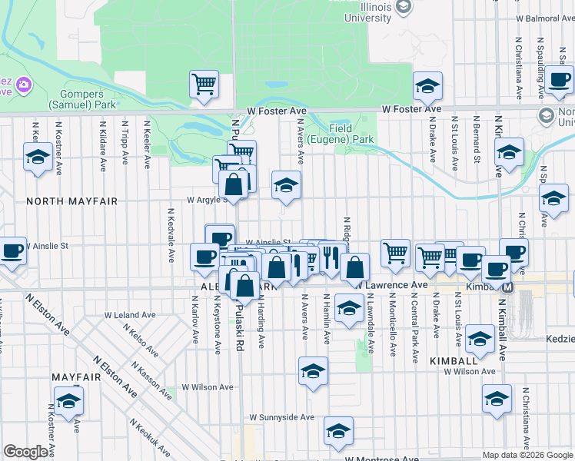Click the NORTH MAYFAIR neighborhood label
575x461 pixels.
(x=71, y=201)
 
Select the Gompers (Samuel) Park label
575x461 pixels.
(x=76, y=99)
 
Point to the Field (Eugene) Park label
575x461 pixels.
(x=351, y=134)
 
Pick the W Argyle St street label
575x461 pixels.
(x=207, y=199)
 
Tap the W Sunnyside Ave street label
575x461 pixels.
(x=282, y=417)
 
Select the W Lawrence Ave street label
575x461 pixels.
(x=391, y=285)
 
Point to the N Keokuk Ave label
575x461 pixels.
(x=149, y=436)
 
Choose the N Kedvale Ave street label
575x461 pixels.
(x=171, y=234)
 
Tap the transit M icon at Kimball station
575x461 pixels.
(x=507, y=287)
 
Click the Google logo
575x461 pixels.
(x=25, y=452)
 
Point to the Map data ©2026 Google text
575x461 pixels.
(x=527, y=455)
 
